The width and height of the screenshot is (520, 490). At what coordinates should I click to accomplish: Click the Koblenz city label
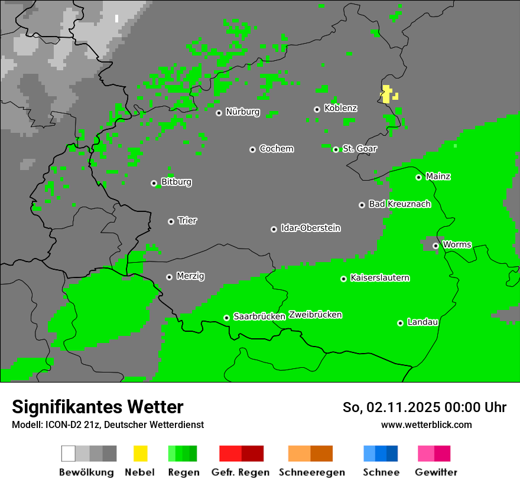[x=340, y=108]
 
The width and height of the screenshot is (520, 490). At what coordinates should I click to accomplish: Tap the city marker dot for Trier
[x=171, y=221]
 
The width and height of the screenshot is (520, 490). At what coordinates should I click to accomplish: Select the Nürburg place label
[x=242, y=112]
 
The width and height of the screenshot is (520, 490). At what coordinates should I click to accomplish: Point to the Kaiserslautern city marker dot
[x=343, y=279]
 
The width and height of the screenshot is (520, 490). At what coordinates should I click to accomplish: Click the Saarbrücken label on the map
[x=259, y=316]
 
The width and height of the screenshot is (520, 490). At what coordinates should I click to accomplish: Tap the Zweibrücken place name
[x=316, y=315]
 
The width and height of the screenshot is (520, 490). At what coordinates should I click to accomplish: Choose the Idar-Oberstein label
[x=310, y=228]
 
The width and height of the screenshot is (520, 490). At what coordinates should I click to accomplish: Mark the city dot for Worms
[x=435, y=246]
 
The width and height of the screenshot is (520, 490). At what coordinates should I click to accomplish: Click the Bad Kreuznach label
[x=399, y=204]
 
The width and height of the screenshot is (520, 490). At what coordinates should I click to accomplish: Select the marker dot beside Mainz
[x=418, y=177]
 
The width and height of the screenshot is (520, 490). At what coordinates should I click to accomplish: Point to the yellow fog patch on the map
[x=386, y=94]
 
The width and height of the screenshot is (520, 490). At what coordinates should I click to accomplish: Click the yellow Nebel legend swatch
[x=140, y=453]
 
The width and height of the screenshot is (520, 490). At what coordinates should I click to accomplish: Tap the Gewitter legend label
[x=436, y=472]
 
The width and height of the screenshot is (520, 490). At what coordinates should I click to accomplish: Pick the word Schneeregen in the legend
[x=312, y=472]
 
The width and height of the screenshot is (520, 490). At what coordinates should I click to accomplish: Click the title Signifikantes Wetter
[x=97, y=407]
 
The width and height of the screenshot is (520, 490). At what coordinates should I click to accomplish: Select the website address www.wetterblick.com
[x=426, y=424]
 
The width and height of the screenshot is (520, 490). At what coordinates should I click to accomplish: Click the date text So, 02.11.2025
[x=389, y=407]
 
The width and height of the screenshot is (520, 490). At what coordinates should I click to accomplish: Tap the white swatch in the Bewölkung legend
[x=68, y=453]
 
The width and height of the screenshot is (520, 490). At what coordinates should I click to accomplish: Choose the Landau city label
[x=422, y=322]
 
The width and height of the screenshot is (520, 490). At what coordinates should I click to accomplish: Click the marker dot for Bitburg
[x=154, y=183]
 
